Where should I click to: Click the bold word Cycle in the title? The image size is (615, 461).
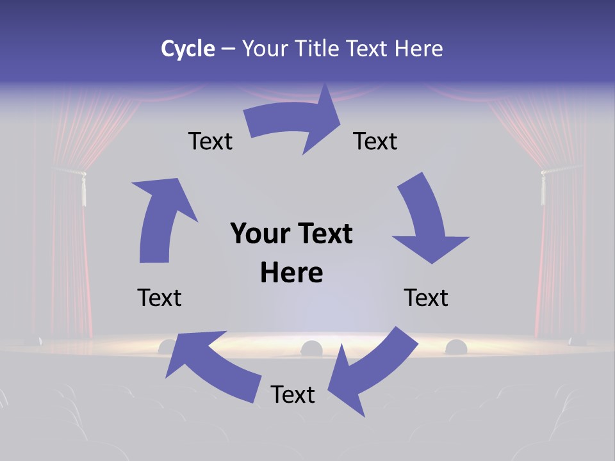pos(187,49)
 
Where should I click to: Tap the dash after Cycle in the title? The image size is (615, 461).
pos(228,49)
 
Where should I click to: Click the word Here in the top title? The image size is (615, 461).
pos(417,49)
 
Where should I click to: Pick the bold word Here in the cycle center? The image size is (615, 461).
pos(291,273)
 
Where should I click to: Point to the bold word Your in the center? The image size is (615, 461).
pos(261,234)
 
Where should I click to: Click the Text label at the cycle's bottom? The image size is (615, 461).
pos(293,394)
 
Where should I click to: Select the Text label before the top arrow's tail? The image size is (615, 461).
pos(210,141)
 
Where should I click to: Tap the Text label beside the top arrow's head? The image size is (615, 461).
pos(375,141)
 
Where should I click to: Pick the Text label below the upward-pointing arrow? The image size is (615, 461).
pos(160,298)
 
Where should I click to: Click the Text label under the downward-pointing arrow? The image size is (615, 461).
pos(426,298)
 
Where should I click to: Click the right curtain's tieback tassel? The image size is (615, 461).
pos(543,186)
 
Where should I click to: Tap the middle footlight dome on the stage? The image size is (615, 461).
pos(311,348)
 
